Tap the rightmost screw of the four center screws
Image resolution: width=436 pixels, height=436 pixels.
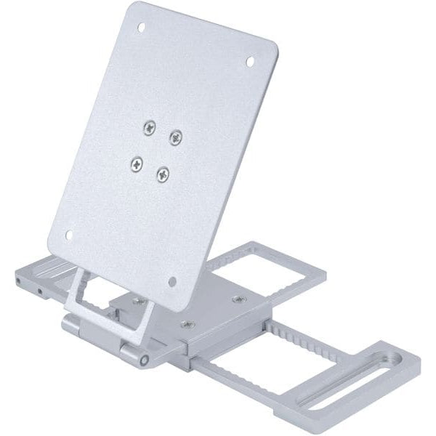pyautogui.click(x=175, y=136)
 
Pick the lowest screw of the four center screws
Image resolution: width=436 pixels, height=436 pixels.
pyautogui.click(x=162, y=174)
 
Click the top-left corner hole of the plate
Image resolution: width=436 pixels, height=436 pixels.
pyautogui.click(x=141, y=28)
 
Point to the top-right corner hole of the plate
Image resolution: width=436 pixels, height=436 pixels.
pyautogui.click(x=250, y=62)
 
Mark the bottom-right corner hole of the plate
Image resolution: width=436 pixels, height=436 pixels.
pyautogui.click(x=172, y=281)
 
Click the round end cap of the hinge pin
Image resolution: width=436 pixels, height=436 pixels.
pyautogui.click(x=145, y=359)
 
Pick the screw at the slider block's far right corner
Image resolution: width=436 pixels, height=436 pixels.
pyautogui.click(x=239, y=299)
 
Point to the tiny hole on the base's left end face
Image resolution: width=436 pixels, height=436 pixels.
pyautogui.click(x=39, y=292)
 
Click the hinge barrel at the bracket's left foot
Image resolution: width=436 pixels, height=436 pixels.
pyautogui.click(x=72, y=325)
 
